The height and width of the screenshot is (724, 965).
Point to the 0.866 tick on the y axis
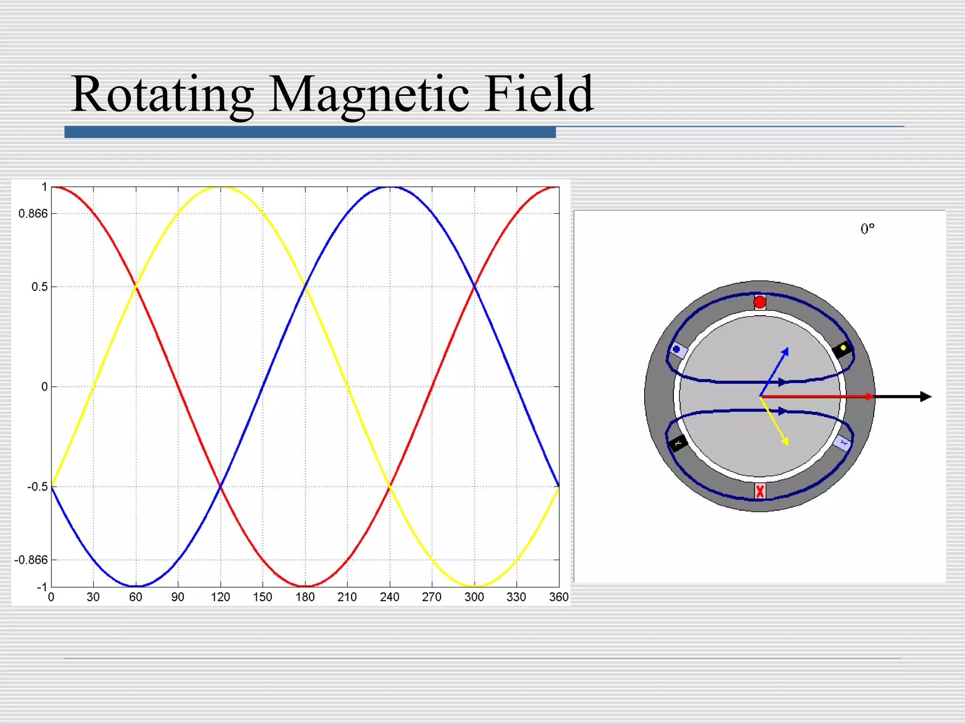(33, 214)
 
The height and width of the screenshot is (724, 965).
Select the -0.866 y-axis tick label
(31, 560)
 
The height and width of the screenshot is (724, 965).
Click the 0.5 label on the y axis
(40, 287)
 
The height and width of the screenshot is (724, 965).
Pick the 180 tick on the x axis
(305, 597)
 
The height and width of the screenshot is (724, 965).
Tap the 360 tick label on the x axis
(559, 597)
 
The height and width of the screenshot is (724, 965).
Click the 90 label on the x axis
(178, 597)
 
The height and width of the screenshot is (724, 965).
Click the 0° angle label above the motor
(867, 229)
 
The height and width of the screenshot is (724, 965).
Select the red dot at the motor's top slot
(760, 302)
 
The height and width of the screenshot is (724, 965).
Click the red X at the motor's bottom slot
(760, 491)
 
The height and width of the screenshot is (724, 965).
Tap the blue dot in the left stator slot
(677, 349)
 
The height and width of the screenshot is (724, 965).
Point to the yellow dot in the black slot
(843, 348)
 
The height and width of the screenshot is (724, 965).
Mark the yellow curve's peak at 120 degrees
(221, 188)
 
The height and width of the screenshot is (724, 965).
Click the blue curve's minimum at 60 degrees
(136, 586)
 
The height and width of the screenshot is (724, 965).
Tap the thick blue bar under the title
(310, 132)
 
